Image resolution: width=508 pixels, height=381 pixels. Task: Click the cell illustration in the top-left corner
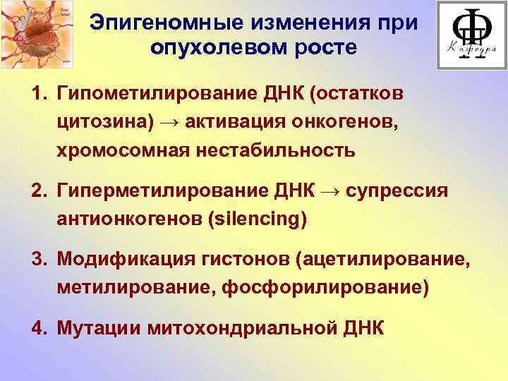pos(36,35)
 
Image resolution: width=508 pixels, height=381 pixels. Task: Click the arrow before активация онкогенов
pos(170,122)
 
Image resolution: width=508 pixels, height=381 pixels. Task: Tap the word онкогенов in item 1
pos(343,122)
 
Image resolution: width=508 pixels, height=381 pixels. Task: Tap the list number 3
pos(37,261)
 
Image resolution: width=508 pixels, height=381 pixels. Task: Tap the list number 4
pos(37,329)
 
